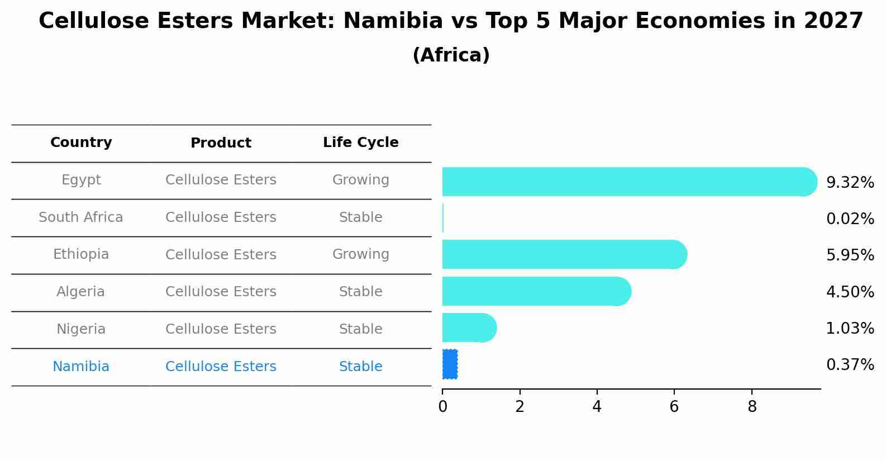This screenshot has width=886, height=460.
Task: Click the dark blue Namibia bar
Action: point(450,364)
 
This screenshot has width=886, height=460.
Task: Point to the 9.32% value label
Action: point(850,182)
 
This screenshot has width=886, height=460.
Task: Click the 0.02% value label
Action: point(850,219)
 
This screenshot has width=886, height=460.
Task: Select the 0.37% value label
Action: point(850,365)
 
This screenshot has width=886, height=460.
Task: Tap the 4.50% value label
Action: point(850,292)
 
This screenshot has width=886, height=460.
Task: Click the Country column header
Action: point(81,143)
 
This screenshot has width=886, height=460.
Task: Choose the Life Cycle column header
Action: point(360,143)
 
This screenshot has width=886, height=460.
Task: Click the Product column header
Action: point(221,143)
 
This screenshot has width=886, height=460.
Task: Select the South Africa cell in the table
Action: point(81,217)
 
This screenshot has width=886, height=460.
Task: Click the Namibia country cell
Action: point(81,367)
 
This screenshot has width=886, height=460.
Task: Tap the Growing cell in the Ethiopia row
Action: point(360,254)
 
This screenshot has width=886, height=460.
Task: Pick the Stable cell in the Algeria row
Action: point(360,292)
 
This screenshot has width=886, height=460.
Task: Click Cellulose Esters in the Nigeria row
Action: point(221,329)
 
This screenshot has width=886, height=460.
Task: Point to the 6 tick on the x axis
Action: point(674,406)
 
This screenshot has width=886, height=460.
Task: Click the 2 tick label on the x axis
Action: point(520,406)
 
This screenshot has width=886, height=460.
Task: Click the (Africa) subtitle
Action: point(451,55)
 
